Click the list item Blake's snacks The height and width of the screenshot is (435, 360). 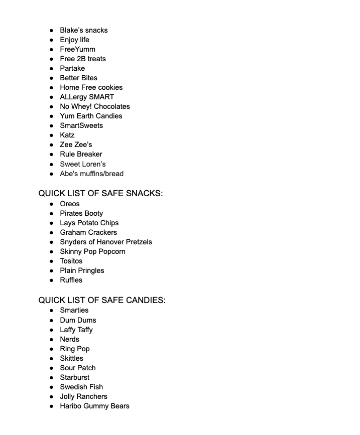pyautogui.click(x=83, y=30)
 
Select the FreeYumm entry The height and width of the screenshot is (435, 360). pyautogui.click(x=77, y=49)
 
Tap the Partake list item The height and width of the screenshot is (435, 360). pyautogui.click(x=72, y=68)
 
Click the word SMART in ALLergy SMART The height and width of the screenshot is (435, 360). pyautogui.click(x=101, y=97)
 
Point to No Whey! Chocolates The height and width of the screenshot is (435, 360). pyautogui.click(x=94, y=106)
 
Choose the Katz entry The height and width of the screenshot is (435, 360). pyautogui.click(x=67, y=135)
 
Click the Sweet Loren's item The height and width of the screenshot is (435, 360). pyautogui.click(x=82, y=164)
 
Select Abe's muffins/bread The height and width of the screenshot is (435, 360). pyautogui.click(x=91, y=174)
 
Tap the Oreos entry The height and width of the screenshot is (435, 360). pyautogui.click(x=69, y=204)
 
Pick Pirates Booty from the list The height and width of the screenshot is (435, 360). pyautogui.click(x=81, y=213)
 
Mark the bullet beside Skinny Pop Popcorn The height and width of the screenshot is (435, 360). pyautogui.click(x=52, y=251)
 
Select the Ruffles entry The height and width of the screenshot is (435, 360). pyautogui.click(x=71, y=280)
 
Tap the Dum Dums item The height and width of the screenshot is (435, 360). pyautogui.click(x=78, y=320)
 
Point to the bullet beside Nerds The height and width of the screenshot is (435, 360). pyautogui.click(x=52, y=339)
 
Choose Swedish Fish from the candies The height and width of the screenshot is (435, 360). pyautogui.click(x=81, y=387)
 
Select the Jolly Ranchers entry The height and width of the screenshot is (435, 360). pyautogui.click(x=83, y=396)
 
